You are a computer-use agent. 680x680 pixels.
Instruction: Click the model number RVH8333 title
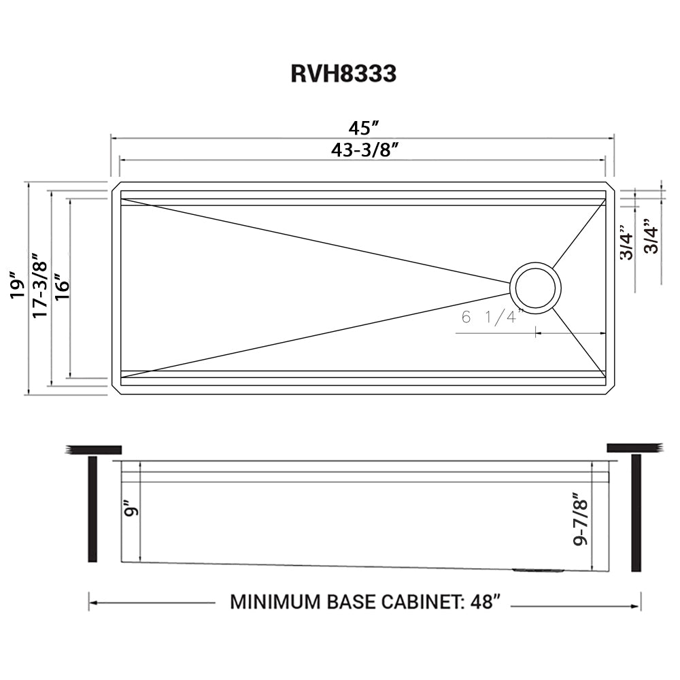tap(343, 73)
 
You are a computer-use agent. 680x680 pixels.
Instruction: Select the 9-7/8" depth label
tap(579, 519)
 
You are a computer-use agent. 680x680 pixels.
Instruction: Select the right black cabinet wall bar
tap(636, 513)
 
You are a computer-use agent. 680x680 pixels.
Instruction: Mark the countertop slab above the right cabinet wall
tap(634, 447)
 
